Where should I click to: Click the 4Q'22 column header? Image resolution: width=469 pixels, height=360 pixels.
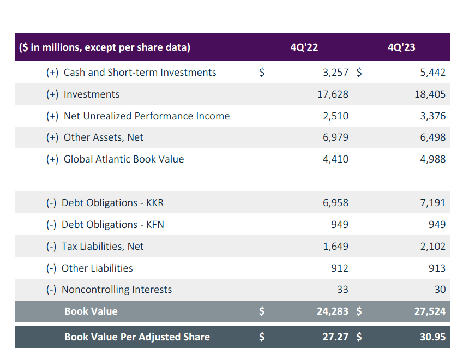(304, 47)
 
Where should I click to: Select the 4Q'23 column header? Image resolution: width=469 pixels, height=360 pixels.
(401, 47)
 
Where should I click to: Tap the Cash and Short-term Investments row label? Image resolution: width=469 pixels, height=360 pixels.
(140, 73)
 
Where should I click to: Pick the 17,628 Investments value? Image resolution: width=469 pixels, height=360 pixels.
(333, 94)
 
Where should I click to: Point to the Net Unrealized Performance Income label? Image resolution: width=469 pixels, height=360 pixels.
(146, 116)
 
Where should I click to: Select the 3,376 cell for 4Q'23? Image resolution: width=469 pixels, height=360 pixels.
(433, 116)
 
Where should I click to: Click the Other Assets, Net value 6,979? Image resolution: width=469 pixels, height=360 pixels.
(335, 137)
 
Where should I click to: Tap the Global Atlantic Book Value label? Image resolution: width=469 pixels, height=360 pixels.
(123, 159)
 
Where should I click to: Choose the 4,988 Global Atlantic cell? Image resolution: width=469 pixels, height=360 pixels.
(433, 159)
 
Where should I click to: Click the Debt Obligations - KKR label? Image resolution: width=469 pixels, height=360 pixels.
(112, 203)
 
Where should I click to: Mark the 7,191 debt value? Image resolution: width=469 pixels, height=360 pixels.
(433, 203)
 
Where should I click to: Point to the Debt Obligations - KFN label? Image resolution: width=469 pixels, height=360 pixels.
(112, 225)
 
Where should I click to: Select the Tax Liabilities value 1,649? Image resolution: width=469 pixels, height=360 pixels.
(335, 247)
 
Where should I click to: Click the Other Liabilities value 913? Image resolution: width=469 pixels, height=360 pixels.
(437, 268)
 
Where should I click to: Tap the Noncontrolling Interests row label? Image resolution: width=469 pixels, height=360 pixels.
(116, 290)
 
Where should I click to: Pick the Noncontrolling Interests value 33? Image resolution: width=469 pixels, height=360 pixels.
(342, 290)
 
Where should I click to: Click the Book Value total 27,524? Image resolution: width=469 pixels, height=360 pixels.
(430, 311)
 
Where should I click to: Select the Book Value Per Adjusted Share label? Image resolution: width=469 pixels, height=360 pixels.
(137, 337)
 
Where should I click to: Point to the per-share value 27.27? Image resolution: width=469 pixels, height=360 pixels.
(335, 337)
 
